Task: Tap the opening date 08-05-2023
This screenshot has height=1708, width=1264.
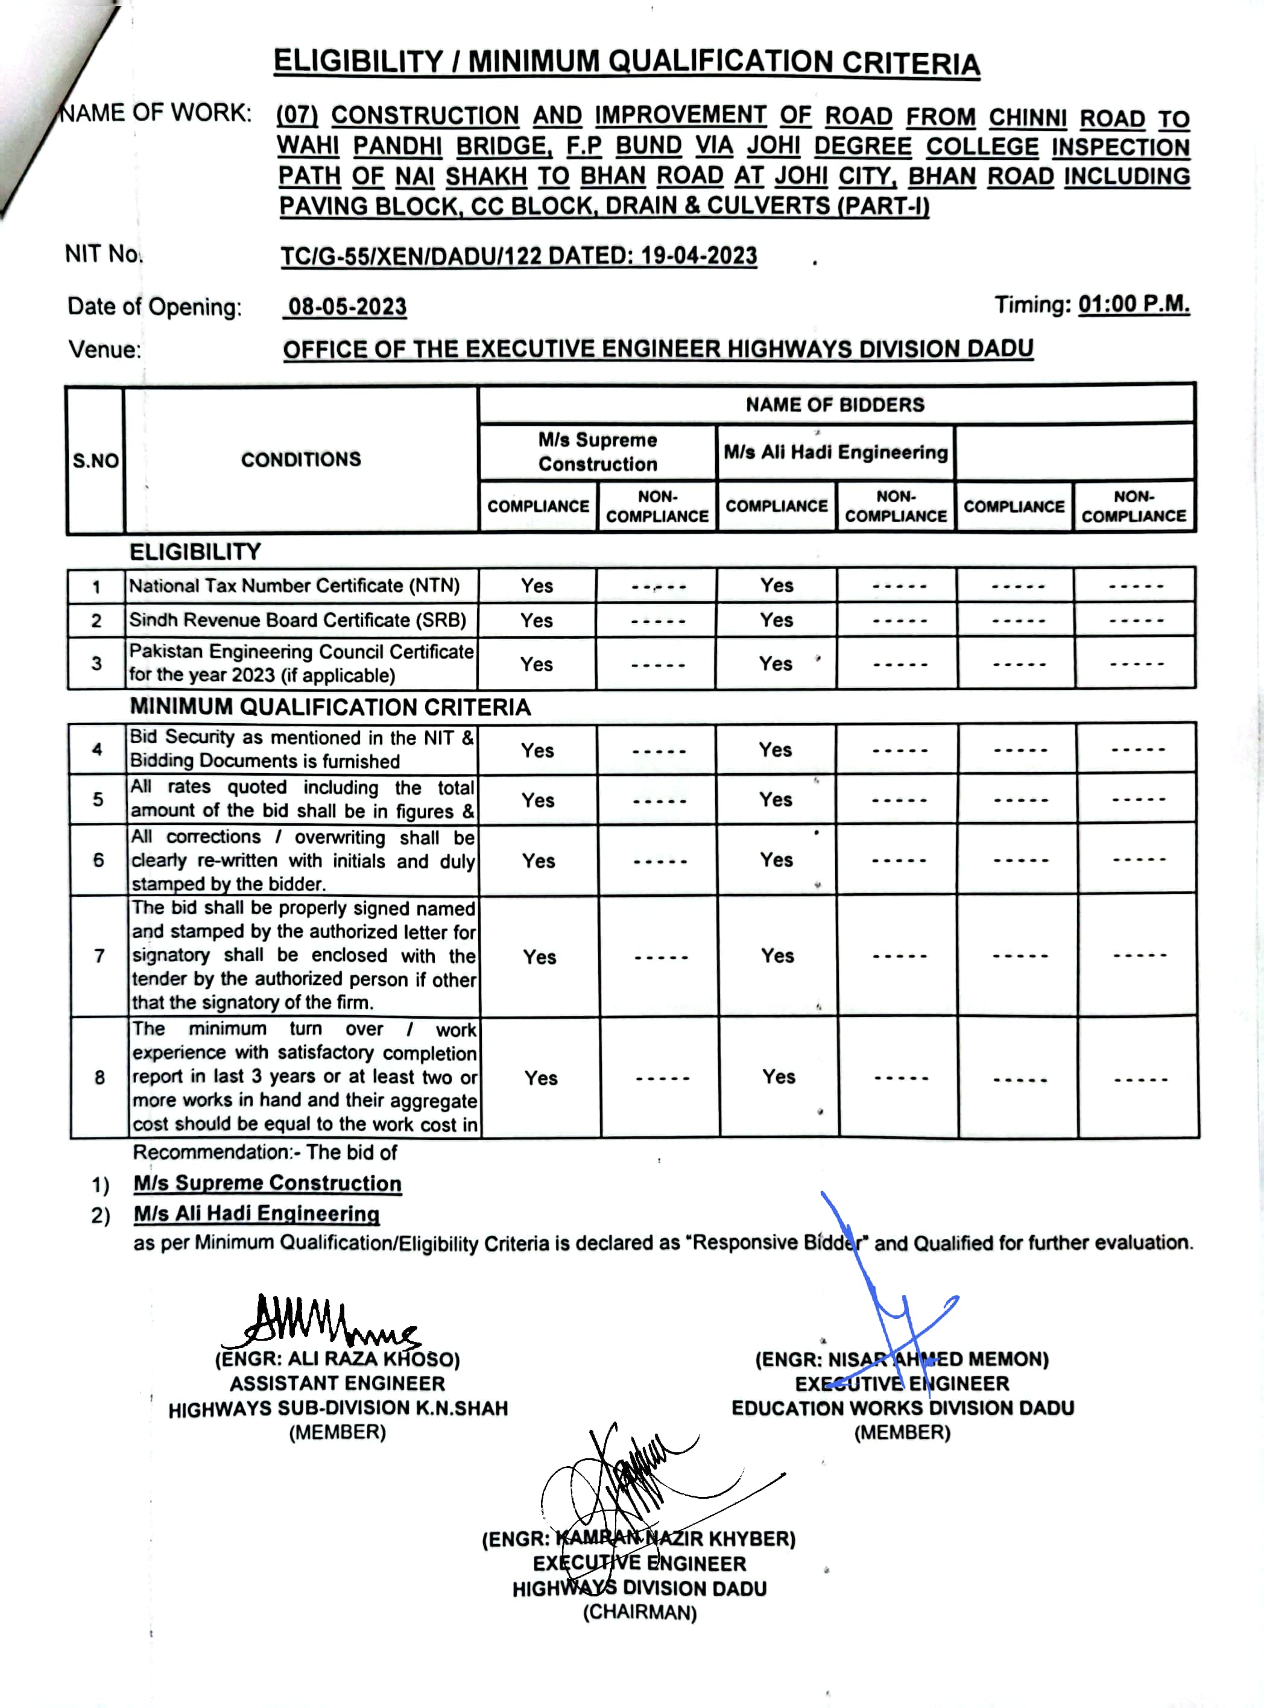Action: pos(347,307)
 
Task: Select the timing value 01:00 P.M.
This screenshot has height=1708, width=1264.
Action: pos(1134,305)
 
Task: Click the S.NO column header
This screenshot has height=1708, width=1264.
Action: pos(96,461)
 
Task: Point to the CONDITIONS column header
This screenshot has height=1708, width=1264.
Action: pos(301,459)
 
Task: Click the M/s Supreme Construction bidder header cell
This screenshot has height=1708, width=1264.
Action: pos(598,452)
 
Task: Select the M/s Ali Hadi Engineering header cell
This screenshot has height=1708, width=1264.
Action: pos(835,452)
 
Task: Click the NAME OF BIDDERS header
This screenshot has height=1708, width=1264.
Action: pos(835,404)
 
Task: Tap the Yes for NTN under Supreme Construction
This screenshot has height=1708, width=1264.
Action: pos(537,586)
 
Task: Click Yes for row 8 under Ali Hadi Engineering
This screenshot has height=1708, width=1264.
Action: pos(778,1077)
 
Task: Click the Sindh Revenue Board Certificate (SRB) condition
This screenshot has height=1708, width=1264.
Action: pos(298,620)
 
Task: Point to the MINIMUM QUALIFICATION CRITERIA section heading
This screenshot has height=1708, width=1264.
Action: pos(330,707)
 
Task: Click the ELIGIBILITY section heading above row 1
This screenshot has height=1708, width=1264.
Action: pos(195,552)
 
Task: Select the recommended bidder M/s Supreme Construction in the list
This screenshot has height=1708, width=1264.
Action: pos(267,1183)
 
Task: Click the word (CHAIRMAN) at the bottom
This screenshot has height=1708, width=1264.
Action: pos(640,1612)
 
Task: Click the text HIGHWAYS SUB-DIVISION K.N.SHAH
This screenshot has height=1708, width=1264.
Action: pos(338,1408)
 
